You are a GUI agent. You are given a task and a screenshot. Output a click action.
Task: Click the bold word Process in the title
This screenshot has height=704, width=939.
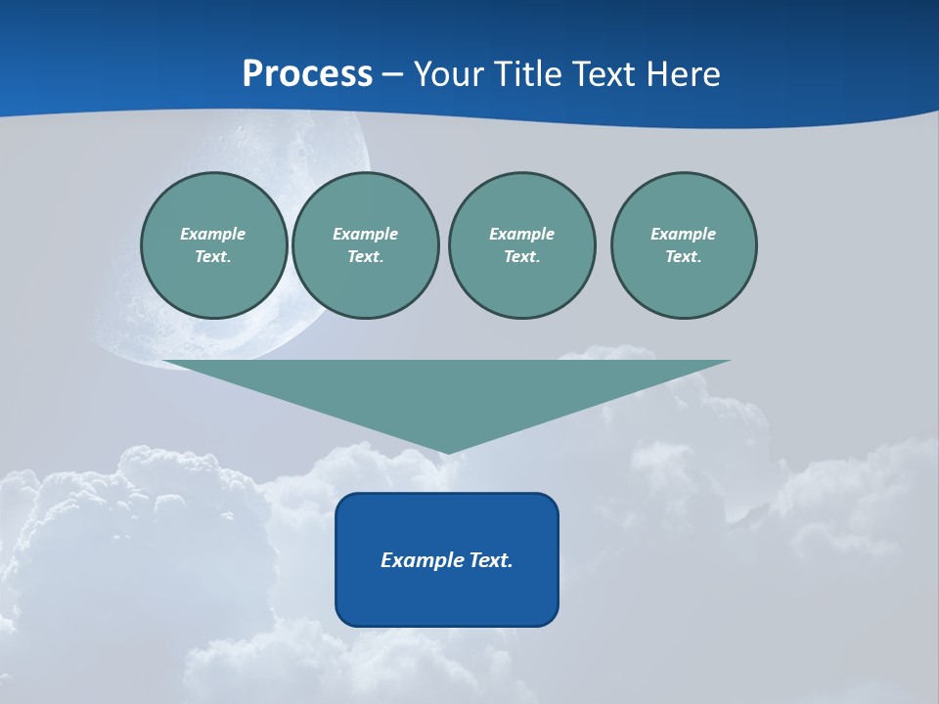(x=307, y=74)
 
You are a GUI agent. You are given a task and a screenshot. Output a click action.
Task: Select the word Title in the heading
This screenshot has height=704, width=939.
(x=531, y=74)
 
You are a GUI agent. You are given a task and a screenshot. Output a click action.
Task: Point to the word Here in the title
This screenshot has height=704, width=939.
(x=682, y=74)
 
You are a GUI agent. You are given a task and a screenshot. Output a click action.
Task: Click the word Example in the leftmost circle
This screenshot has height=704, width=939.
(x=213, y=234)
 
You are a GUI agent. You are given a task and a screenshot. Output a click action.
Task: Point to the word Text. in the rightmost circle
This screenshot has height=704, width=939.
(x=683, y=256)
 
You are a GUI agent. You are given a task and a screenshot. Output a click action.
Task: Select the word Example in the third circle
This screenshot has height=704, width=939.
(x=521, y=234)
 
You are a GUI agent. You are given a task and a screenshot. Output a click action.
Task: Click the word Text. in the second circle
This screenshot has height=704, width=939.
(x=365, y=256)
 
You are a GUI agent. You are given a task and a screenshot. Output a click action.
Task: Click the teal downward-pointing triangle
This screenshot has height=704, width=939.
(x=446, y=391)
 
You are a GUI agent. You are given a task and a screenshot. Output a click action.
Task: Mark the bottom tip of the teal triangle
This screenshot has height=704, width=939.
(x=447, y=451)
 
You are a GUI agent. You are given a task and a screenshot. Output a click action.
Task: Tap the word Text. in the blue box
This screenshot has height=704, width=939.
(x=492, y=560)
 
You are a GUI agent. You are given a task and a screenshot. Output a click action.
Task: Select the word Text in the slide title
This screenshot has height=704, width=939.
(x=602, y=74)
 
